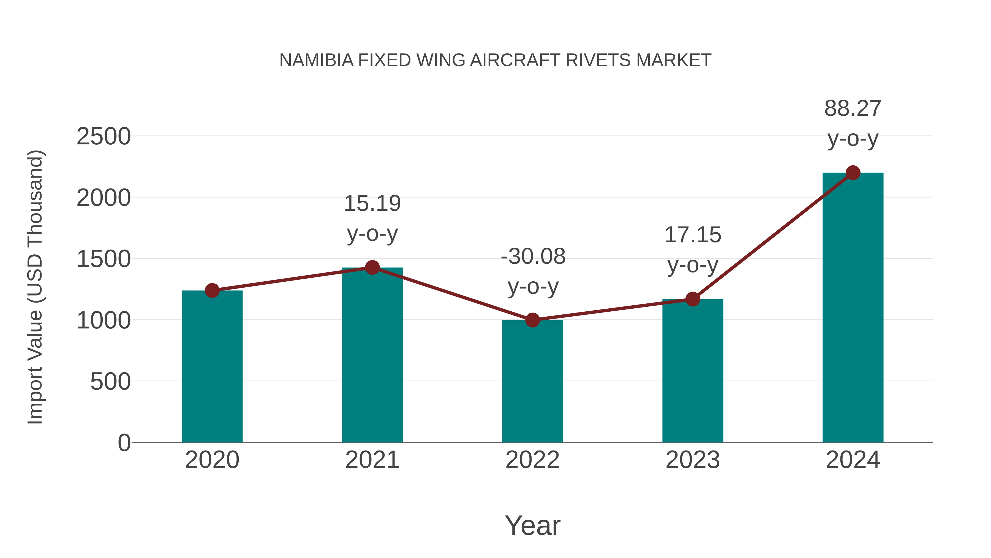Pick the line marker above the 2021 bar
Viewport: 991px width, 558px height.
(x=372, y=267)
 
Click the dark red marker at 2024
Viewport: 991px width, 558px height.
(x=853, y=173)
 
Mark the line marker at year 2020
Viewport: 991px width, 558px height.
(x=212, y=290)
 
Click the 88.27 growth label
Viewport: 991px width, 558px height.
(x=853, y=109)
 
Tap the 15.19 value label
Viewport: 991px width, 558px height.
(x=372, y=203)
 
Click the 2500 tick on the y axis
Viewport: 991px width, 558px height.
(x=104, y=136)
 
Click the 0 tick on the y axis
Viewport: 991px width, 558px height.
(x=124, y=443)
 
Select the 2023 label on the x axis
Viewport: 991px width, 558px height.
(x=693, y=460)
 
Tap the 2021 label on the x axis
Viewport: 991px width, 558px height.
(x=372, y=460)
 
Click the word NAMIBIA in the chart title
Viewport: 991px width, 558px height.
(x=316, y=60)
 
